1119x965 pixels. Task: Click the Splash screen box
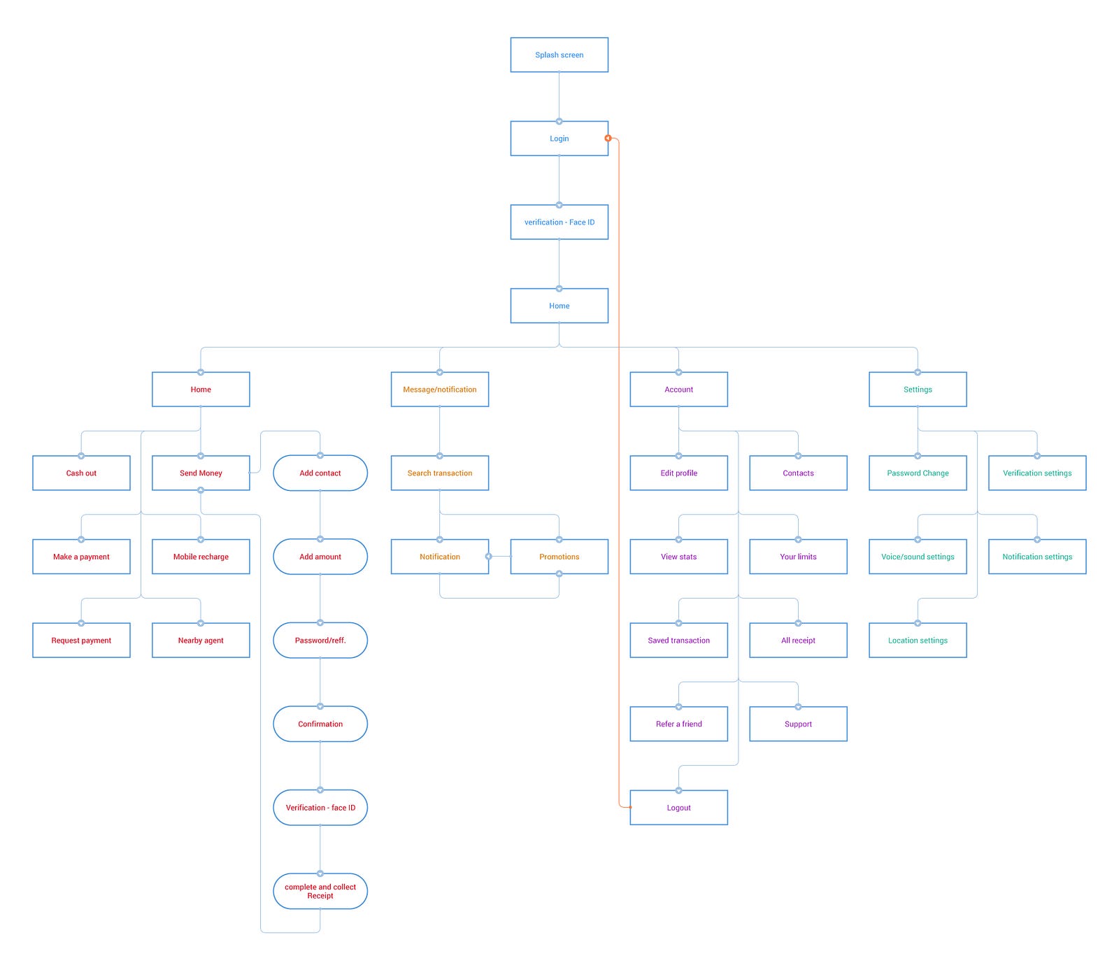point(559,55)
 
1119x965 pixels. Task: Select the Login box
point(559,138)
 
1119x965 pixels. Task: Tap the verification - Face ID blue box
point(559,222)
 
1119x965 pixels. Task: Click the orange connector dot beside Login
point(608,138)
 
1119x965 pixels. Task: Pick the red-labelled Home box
point(201,389)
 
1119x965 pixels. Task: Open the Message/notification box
point(440,389)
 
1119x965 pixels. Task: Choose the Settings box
point(918,389)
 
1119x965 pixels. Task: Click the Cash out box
point(81,473)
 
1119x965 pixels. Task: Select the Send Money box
point(201,473)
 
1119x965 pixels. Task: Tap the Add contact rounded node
point(320,473)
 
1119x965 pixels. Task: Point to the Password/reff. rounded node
point(320,640)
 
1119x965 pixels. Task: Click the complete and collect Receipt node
point(320,891)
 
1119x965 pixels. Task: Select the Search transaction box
point(440,473)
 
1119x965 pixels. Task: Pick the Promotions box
point(559,557)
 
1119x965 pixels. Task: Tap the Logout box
point(678,808)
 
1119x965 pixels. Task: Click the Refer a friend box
point(678,724)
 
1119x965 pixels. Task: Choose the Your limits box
point(798,557)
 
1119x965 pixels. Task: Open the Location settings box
point(918,640)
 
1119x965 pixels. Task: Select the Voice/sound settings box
point(918,557)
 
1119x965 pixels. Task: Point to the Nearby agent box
point(201,640)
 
